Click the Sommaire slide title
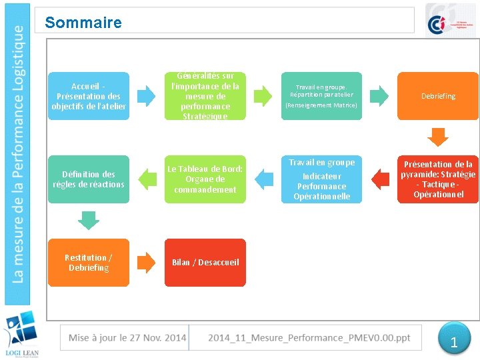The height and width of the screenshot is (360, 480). tap(83, 23)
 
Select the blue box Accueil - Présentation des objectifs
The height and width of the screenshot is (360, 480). tap(89, 96)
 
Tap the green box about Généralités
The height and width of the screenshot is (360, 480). tap(205, 96)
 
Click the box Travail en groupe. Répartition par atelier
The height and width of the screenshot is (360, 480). tap(321, 96)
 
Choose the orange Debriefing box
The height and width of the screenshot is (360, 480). tap(438, 96)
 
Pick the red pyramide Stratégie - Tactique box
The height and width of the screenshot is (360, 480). tap(438, 179)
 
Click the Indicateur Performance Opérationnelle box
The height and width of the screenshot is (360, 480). tap(321, 179)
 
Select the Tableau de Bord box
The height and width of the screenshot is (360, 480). tap(205, 179)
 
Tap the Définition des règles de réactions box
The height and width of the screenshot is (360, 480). tap(89, 179)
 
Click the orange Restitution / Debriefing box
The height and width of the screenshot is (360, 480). tap(89, 262)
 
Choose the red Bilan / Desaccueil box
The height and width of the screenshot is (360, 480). tap(205, 262)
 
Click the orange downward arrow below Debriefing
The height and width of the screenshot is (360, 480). tap(438, 137)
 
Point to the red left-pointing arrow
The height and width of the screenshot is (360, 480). tap(380, 179)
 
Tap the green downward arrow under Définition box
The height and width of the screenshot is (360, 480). tap(89, 219)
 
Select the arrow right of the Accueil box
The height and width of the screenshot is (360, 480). tap(147, 96)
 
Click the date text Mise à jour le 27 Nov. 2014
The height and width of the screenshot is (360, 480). tap(127, 337)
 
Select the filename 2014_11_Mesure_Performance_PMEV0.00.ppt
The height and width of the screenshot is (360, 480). tap(309, 337)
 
